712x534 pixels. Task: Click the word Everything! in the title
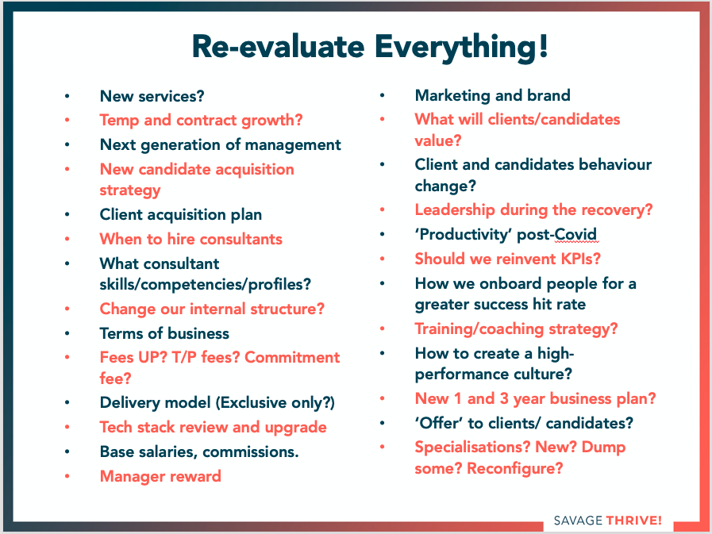[461, 48]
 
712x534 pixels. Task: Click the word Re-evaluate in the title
[278, 47]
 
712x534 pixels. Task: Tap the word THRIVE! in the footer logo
[634, 521]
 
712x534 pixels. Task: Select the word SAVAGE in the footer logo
[578, 521]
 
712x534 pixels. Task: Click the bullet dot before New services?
[67, 96]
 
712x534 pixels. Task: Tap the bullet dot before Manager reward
[67, 476]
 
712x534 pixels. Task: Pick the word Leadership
[455, 209]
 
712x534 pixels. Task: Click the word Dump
[603, 448]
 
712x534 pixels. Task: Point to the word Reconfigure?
[515, 468]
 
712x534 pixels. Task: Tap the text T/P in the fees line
[184, 357]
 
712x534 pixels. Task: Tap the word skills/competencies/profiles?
[206, 285]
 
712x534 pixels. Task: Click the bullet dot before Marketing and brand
[383, 95]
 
